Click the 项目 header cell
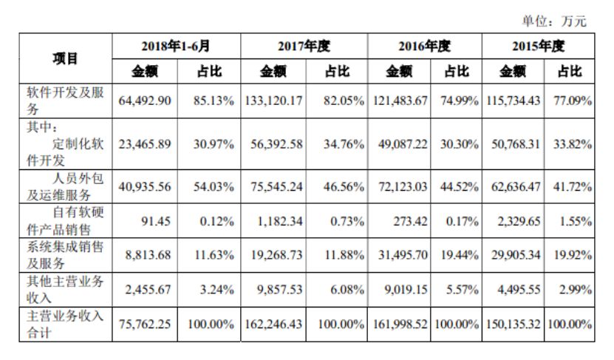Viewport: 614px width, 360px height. (66, 58)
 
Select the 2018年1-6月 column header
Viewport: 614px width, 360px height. (176, 46)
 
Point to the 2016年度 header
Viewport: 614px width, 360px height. (424, 46)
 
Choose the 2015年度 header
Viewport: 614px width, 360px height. (538, 46)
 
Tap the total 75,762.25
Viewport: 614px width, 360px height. (145, 325)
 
